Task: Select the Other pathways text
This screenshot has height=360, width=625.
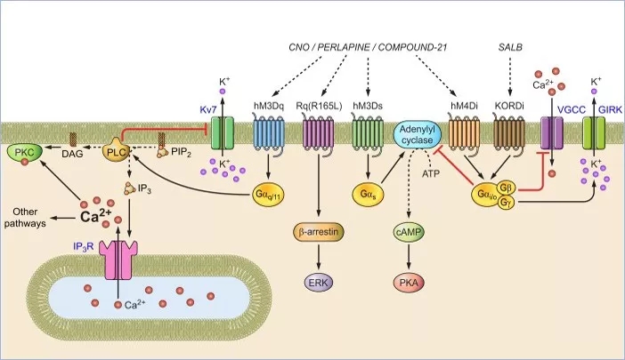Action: click(30, 216)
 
